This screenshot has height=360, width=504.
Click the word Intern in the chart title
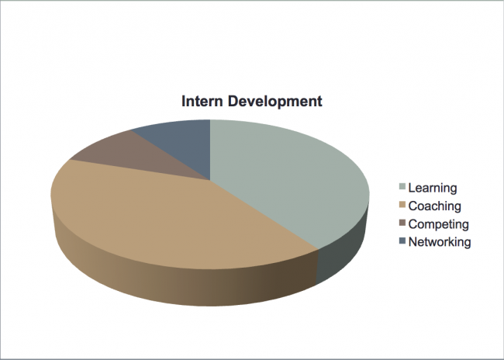click(202, 101)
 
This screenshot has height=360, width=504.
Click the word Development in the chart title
click(274, 102)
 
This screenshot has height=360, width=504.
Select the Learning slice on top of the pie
click(289, 180)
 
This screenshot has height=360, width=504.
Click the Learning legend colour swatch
click(402, 187)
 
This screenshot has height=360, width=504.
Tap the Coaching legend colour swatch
click(402, 205)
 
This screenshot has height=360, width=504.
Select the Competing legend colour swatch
click(402, 223)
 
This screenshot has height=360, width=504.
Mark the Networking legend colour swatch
click(402, 241)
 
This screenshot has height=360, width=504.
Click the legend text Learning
click(433, 189)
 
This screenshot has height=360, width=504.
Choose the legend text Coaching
click(435, 206)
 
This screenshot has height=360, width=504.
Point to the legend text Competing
click(439, 224)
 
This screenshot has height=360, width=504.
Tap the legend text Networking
click(440, 243)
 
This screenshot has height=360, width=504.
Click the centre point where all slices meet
click(210, 180)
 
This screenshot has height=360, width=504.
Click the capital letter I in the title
click(184, 101)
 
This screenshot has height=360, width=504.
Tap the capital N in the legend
click(413, 241)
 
